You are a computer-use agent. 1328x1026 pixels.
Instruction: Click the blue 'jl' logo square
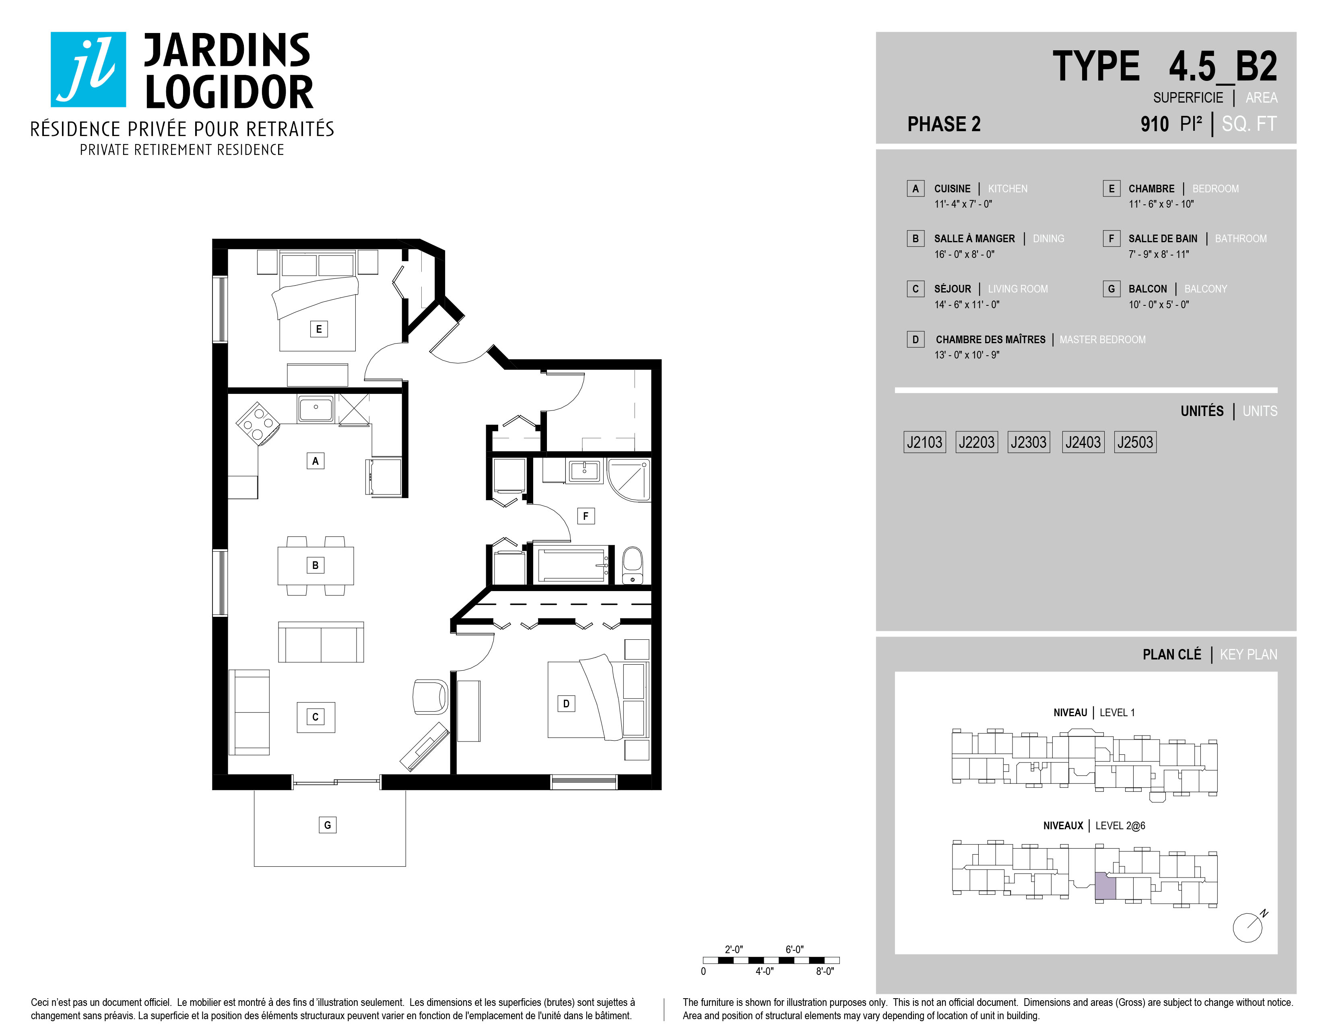88,69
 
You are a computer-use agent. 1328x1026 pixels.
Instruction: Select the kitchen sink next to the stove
316,408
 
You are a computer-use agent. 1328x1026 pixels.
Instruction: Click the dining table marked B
316,565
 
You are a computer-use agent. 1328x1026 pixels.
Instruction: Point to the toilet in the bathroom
633,565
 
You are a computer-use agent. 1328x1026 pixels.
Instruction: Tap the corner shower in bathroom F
629,480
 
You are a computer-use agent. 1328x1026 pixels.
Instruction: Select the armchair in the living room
430,696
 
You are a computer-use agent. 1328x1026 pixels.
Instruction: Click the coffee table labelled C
316,717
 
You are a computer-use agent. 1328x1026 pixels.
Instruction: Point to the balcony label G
328,825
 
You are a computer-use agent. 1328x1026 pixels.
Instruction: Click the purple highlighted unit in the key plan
1105,887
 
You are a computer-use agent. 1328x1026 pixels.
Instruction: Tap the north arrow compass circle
1247,928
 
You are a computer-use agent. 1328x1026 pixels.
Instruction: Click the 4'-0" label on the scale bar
764,971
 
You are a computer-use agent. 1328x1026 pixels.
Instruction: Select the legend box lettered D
915,339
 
